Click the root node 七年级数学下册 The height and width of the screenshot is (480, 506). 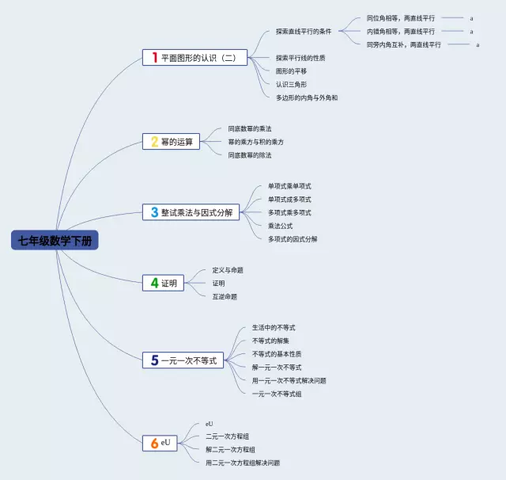[x=55, y=241]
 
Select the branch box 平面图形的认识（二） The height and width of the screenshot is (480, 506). [x=195, y=57]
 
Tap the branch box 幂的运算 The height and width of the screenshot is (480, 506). [x=171, y=142]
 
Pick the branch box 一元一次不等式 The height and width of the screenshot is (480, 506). [x=183, y=360]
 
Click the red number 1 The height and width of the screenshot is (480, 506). [x=154, y=57]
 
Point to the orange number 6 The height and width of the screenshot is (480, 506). [x=154, y=443]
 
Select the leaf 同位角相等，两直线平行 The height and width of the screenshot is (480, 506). [x=401, y=17]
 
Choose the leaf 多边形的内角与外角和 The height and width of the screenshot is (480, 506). [x=307, y=97]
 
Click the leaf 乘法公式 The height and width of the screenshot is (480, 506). [x=280, y=226]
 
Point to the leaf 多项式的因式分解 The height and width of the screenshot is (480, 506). [x=293, y=238]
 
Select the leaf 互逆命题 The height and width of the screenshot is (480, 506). [x=225, y=296]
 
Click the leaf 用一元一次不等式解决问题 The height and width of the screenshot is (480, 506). [x=289, y=380]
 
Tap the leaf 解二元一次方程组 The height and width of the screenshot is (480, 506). [x=230, y=449]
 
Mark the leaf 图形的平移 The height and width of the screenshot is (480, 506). [x=291, y=70]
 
